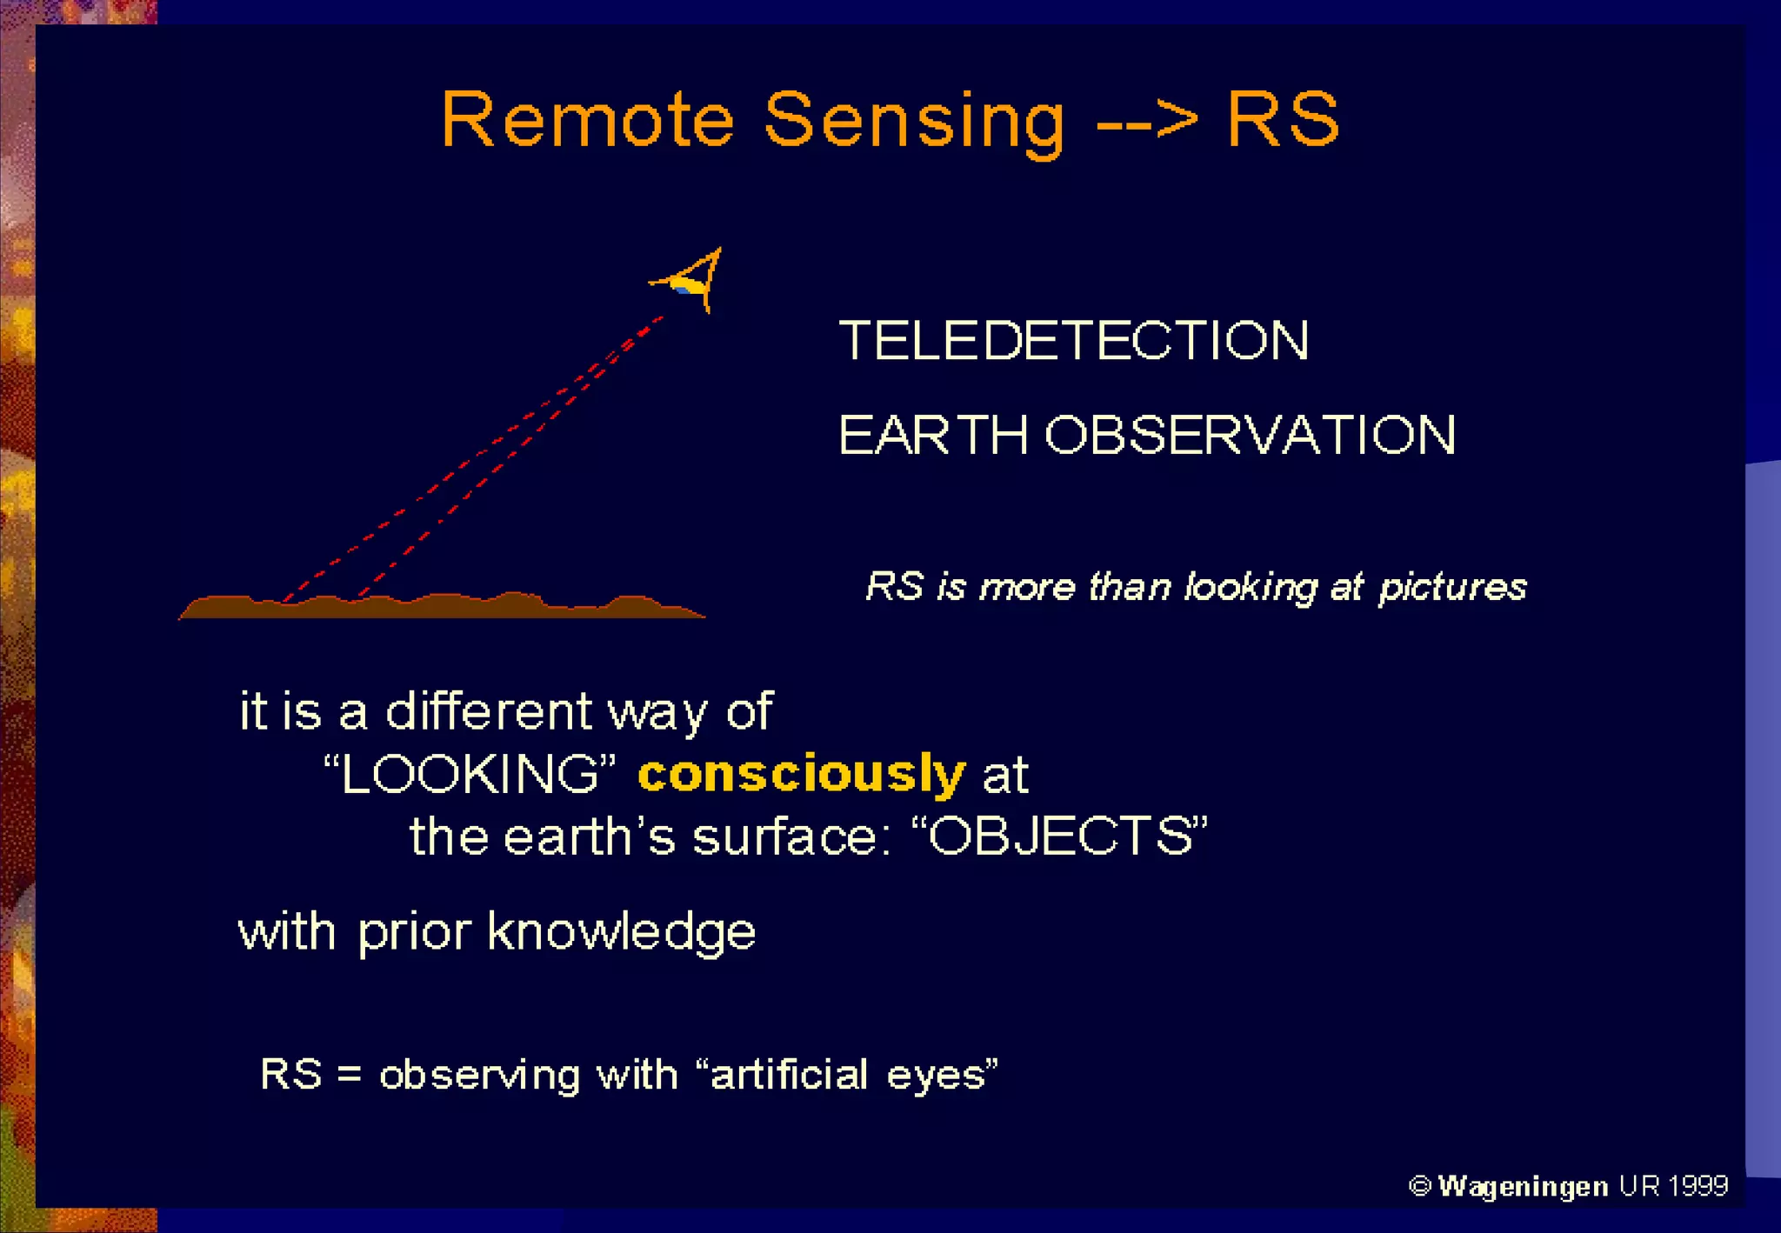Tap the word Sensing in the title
tap(914, 122)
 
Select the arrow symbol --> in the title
tap(1147, 120)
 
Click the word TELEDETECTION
tap(1073, 340)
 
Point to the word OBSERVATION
tap(1250, 435)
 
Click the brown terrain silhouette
tap(435, 606)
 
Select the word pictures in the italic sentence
tap(1452, 587)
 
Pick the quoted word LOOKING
tap(470, 773)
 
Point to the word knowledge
tap(621, 932)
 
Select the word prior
tap(414, 932)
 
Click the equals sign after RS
tap(350, 1075)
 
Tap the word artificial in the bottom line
tap(790, 1074)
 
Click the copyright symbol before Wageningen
tap(1419, 1186)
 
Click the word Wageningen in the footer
tap(1523, 1187)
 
